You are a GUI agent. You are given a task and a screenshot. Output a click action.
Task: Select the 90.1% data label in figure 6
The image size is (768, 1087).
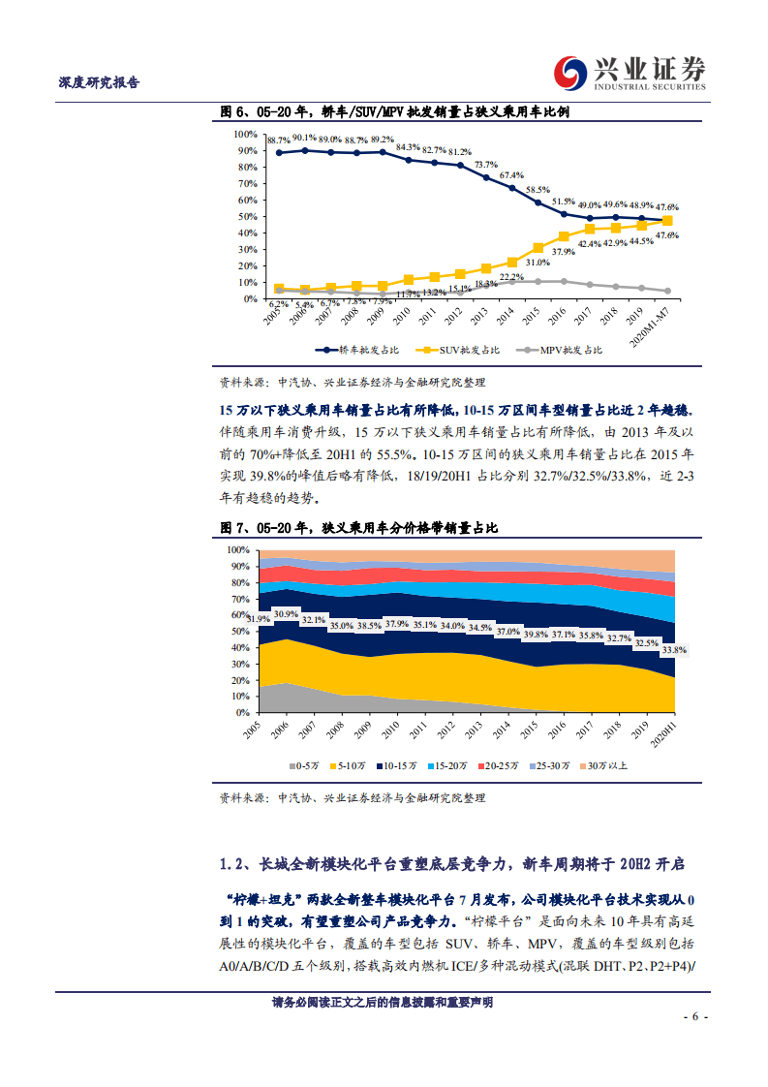click(x=304, y=138)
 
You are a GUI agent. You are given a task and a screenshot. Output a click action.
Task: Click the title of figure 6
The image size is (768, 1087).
click(x=394, y=112)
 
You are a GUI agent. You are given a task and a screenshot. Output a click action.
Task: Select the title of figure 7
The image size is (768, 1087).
click(x=358, y=528)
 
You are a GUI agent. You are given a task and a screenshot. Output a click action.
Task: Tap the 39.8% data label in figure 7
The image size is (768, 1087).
click(x=536, y=634)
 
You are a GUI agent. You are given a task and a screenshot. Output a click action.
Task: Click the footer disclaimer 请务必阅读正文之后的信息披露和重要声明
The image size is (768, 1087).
click(x=383, y=1002)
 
